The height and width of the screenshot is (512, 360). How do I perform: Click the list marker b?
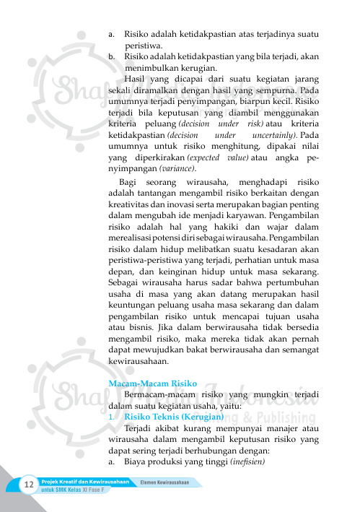(111, 56)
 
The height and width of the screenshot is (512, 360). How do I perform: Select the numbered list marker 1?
(111, 417)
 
